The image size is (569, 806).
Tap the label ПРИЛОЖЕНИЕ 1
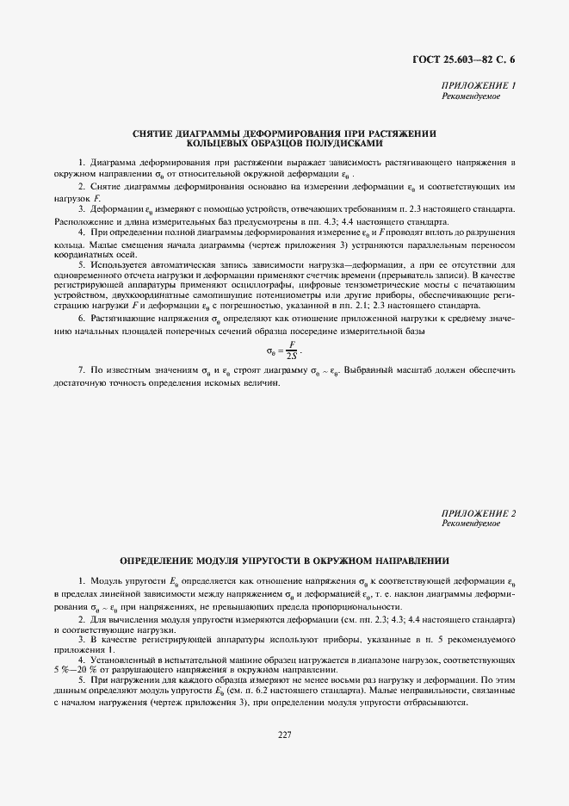pos(479,86)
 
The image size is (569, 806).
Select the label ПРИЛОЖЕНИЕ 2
pos(479,513)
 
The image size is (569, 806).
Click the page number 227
pos(284,734)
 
